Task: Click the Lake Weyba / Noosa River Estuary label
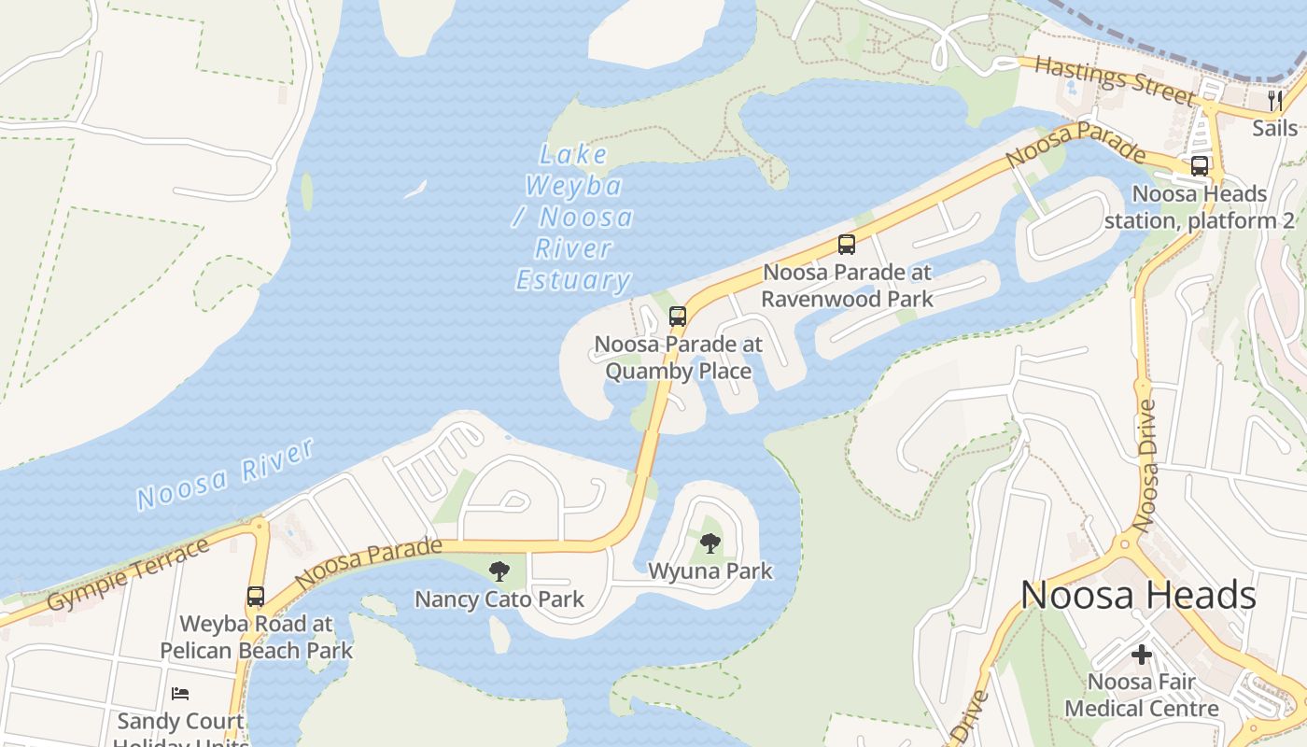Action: click(573, 218)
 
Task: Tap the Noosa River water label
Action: click(225, 474)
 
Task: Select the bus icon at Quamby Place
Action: click(678, 317)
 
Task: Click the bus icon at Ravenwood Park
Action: click(847, 245)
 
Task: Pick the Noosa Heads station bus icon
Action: click(1200, 166)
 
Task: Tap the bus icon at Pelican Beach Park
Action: click(255, 596)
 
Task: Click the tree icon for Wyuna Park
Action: click(710, 543)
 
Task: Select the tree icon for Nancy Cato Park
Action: click(499, 571)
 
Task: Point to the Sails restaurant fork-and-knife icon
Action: click(1275, 100)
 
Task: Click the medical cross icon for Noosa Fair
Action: click(1142, 655)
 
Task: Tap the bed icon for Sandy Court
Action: click(180, 694)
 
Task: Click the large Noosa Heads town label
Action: click(1138, 596)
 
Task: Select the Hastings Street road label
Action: click(1114, 79)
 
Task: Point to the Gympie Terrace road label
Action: click(128, 574)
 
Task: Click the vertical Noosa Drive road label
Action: click(1145, 466)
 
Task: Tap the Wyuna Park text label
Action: click(710, 571)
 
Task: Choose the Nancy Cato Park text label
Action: click(499, 599)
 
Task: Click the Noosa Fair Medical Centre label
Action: click(1142, 695)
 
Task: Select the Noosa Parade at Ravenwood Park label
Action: click(847, 286)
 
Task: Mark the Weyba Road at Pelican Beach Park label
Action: click(256, 637)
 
